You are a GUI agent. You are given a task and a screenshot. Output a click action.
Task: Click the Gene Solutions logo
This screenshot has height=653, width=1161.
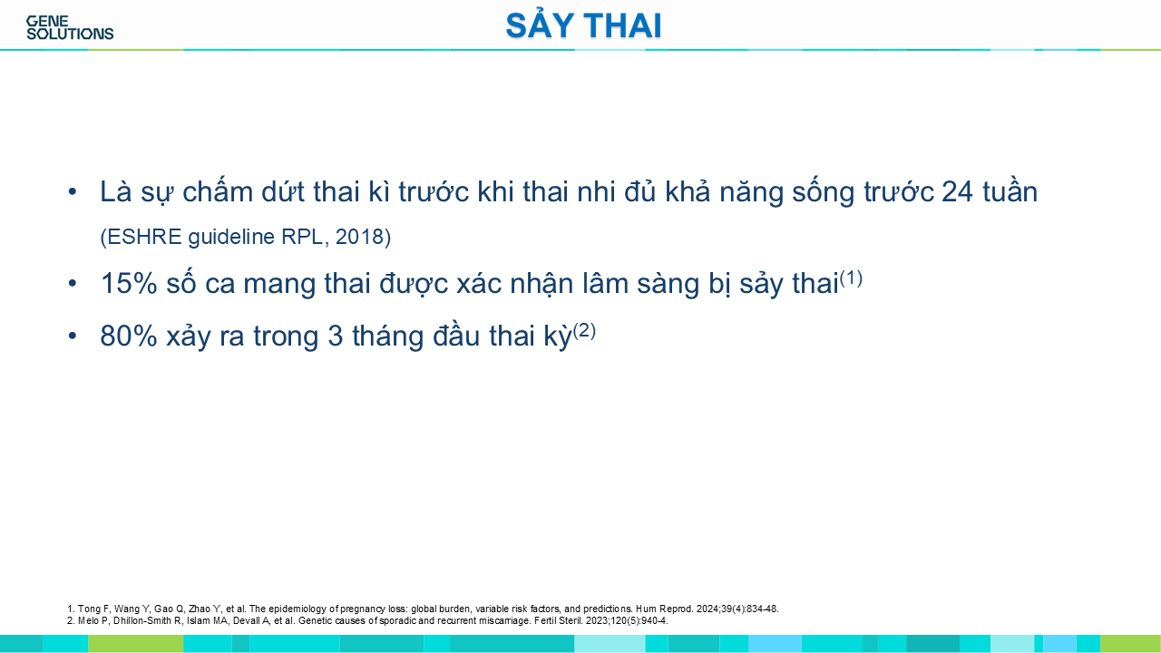tap(70, 28)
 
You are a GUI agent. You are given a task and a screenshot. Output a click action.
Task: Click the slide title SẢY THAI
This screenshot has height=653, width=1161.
tap(583, 24)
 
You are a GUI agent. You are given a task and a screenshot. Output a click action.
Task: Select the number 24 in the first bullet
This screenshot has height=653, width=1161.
tap(957, 191)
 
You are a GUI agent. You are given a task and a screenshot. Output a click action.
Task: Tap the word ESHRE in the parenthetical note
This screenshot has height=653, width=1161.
tap(142, 237)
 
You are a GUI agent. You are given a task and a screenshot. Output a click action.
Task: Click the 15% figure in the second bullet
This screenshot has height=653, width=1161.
tap(129, 284)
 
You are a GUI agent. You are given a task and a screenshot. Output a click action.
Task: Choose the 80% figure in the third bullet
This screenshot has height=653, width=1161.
tap(129, 336)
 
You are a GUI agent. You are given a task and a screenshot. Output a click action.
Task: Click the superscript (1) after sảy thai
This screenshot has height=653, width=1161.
tap(851, 278)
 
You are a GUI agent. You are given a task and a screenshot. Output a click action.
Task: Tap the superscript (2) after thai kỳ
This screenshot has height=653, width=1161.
tap(585, 331)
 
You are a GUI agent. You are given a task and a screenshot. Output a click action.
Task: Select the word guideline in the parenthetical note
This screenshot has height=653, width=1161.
tap(231, 237)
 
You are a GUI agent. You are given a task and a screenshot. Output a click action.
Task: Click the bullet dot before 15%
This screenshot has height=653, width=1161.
tap(73, 284)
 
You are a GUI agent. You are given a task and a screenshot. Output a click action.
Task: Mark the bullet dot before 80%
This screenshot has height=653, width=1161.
tap(73, 336)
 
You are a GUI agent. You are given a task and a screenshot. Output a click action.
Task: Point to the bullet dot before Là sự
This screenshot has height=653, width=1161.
tap(73, 191)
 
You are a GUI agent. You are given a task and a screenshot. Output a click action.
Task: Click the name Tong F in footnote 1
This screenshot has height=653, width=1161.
tap(89, 609)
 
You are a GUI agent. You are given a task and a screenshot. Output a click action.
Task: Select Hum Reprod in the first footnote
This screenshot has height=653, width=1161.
tap(664, 609)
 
